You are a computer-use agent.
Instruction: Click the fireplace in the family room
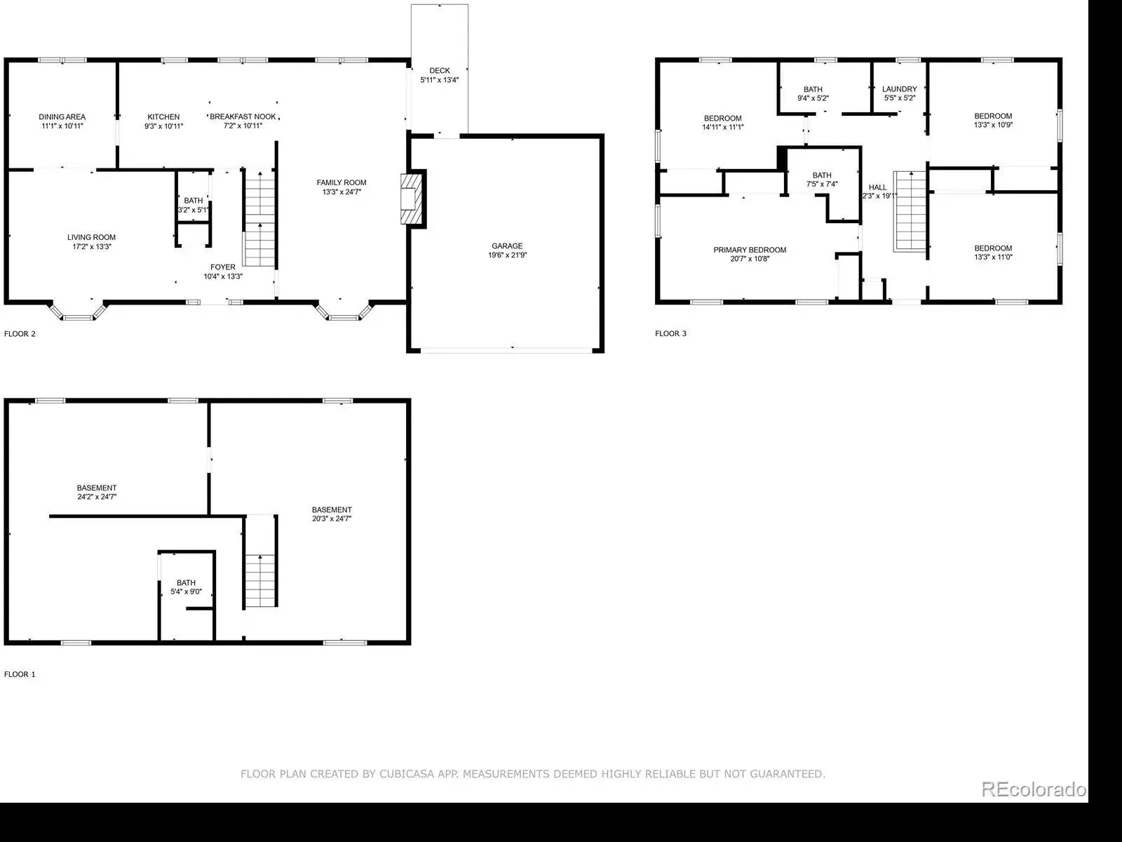click(x=412, y=199)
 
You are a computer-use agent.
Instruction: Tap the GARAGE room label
click(x=507, y=246)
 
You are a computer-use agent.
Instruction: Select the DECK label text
click(x=440, y=71)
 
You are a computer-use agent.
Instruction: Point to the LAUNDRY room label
click(x=900, y=89)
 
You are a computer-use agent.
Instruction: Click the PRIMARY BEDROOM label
click(x=750, y=250)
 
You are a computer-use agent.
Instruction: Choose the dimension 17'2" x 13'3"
click(x=91, y=246)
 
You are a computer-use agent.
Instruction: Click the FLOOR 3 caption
click(x=670, y=333)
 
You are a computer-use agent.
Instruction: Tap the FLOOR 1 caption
click(x=20, y=674)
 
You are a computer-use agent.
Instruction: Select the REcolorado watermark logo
click(x=1034, y=789)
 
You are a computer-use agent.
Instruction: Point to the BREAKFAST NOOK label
click(x=243, y=116)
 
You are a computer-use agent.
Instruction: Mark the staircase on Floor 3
click(x=910, y=212)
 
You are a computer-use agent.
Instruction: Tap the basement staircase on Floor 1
click(x=260, y=581)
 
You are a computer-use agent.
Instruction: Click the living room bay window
click(x=79, y=312)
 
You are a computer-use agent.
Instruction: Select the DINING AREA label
click(x=62, y=117)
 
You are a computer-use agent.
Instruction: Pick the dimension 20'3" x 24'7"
click(x=332, y=519)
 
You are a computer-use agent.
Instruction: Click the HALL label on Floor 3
click(x=878, y=187)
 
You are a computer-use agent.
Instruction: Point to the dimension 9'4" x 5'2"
click(x=813, y=98)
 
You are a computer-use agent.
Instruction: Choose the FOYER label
click(x=223, y=267)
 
